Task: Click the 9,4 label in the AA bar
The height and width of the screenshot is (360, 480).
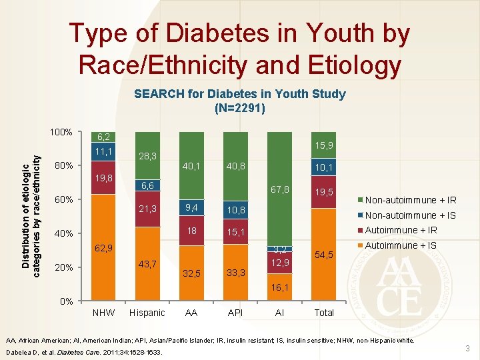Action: point(191,208)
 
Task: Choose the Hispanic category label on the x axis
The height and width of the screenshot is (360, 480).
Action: point(147,313)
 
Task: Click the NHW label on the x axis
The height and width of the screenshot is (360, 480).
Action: point(103,313)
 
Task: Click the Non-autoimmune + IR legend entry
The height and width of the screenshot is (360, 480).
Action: point(409,200)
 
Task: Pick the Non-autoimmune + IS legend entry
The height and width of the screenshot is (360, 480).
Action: point(409,215)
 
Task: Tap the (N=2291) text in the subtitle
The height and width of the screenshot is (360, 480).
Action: point(239,107)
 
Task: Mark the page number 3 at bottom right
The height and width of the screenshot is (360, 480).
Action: point(467,349)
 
